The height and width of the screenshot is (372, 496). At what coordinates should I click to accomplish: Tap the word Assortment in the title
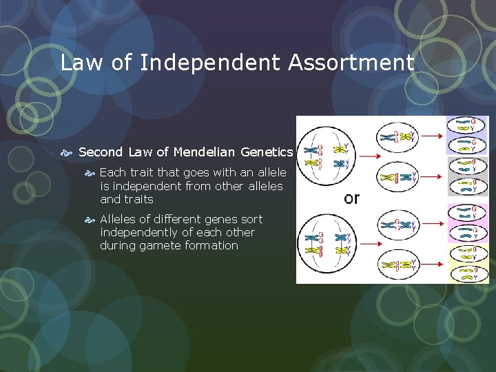pyautogui.click(x=351, y=63)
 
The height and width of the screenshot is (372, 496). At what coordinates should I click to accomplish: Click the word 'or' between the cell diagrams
pyautogui.click(x=351, y=198)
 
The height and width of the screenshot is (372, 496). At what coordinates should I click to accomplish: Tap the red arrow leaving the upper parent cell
pyautogui.click(x=364, y=156)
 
